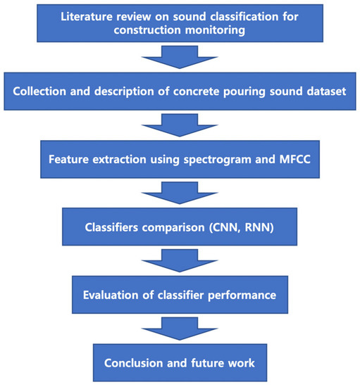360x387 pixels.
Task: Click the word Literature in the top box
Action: (82, 17)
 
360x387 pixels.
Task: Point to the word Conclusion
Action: (135, 363)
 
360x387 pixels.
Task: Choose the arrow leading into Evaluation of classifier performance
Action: (180, 260)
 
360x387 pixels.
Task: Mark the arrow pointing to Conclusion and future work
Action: (180, 327)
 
